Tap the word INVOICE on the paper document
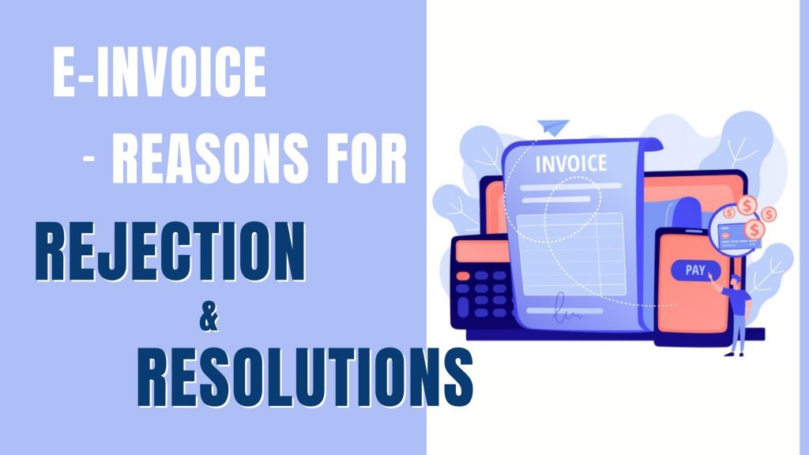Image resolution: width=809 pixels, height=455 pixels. pos(571,164)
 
